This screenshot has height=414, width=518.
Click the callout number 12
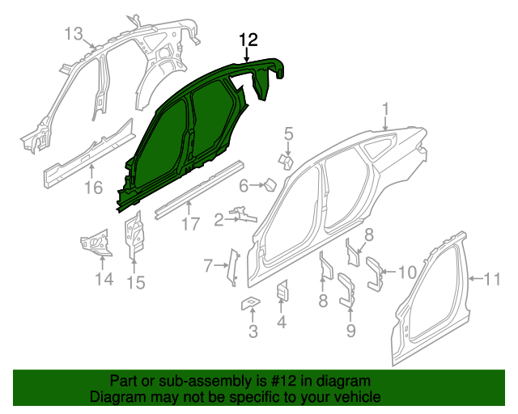point(248,39)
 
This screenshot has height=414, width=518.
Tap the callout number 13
point(74,34)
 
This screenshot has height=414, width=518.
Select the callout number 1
point(386,108)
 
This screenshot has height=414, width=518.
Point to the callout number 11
point(492,281)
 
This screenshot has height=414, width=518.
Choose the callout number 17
point(189,224)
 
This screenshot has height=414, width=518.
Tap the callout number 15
point(135,282)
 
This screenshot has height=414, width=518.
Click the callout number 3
point(253,331)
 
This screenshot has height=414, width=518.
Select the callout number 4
point(282,323)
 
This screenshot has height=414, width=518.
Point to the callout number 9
point(350,330)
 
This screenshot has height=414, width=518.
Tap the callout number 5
point(288,133)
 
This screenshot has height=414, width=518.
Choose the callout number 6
point(243,186)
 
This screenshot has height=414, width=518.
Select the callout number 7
point(208,265)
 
